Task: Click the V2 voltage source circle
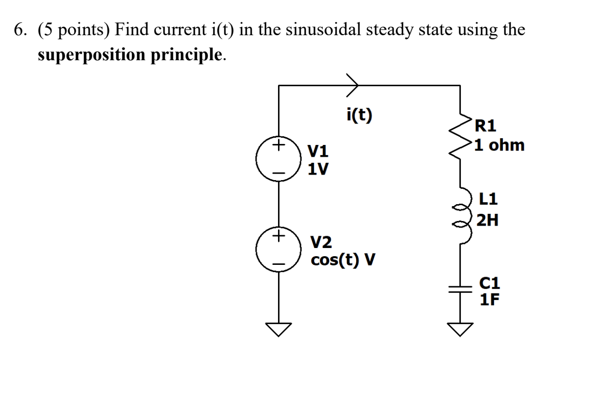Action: coord(279,250)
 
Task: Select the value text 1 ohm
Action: coord(499,145)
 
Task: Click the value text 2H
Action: coord(487,220)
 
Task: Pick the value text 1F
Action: coord(489,299)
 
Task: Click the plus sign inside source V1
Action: coord(278,145)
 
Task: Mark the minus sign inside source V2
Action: coord(278,264)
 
